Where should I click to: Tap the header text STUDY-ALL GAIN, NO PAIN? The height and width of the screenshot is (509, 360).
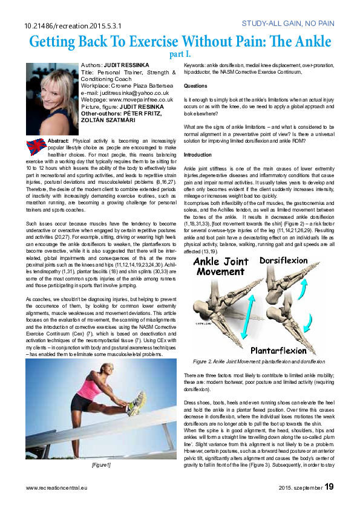(287, 24)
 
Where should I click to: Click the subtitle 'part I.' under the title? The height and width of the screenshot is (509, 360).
(180, 55)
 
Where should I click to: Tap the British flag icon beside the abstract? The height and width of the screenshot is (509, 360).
(36, 146)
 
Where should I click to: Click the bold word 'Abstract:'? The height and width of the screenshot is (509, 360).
(58, 140)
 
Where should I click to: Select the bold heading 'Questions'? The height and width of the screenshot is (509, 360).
(195, 86)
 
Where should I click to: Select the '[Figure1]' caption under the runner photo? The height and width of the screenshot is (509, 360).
(100, 465)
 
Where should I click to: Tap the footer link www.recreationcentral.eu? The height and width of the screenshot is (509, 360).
(58, 487)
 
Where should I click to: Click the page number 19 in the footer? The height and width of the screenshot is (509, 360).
(329, 486)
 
